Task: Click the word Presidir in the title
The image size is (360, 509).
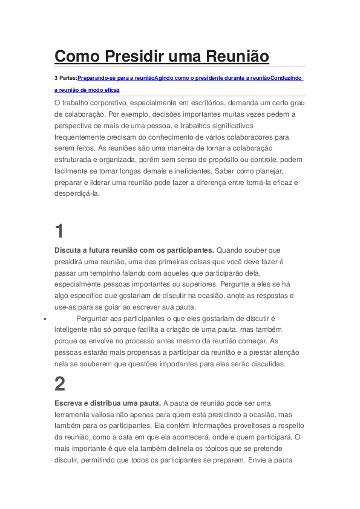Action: pos(133,56)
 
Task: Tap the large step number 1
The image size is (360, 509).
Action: pos(59,231)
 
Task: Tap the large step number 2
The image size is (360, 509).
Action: pos(59,384)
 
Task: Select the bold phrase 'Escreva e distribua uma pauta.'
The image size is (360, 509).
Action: pos(107,403)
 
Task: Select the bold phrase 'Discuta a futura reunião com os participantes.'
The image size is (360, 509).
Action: pos(134,250)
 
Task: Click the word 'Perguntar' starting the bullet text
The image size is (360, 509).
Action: pos(94,318)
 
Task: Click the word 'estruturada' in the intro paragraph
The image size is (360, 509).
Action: pos(74,160)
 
